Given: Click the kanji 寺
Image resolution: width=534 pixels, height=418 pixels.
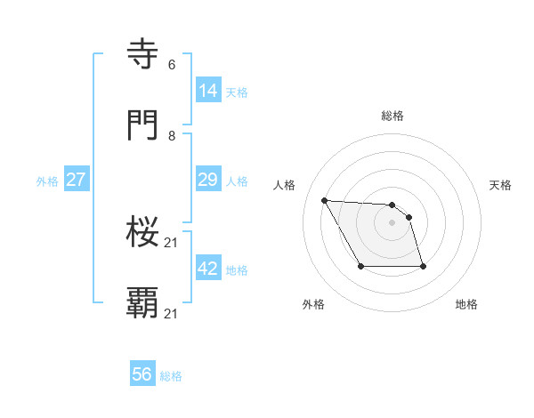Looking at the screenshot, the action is coord(143,54).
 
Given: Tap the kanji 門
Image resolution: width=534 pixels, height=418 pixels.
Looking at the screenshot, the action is coord(143,125).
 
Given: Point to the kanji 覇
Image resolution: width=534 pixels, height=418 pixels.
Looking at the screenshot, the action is coord(143,303).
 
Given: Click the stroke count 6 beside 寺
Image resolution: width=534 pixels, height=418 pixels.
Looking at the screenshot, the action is coord(172,65).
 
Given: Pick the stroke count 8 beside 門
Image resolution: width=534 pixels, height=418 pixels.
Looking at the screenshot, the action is coord(172,136).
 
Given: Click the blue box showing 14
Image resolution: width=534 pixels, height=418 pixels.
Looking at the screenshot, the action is coord(207,90).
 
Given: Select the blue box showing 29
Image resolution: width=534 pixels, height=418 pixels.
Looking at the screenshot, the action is coord(207,179).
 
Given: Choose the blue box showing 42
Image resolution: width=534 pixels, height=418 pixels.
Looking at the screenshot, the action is coord(207,268).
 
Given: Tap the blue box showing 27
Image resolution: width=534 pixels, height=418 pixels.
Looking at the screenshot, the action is coord(76,179).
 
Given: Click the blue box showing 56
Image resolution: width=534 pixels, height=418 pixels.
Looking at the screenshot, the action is coord(142,374).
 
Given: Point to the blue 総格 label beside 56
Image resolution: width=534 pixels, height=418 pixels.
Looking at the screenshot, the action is coord(171,376).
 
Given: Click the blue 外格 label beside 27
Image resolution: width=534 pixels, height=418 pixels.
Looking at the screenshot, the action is coord(47,181).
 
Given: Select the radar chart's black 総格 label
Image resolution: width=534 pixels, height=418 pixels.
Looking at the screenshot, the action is coord(392,116).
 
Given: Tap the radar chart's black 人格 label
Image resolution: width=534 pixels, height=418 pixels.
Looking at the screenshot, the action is coord(285,185).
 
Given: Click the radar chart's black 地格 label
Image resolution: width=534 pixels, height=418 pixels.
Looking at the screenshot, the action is coord(466,305).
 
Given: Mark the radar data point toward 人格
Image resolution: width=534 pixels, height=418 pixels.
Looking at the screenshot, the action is coord(324,200).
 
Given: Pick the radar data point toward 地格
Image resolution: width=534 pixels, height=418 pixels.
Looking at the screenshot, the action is coord(423,266).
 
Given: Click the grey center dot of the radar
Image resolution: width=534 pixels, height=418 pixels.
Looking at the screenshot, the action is coord(392,222).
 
